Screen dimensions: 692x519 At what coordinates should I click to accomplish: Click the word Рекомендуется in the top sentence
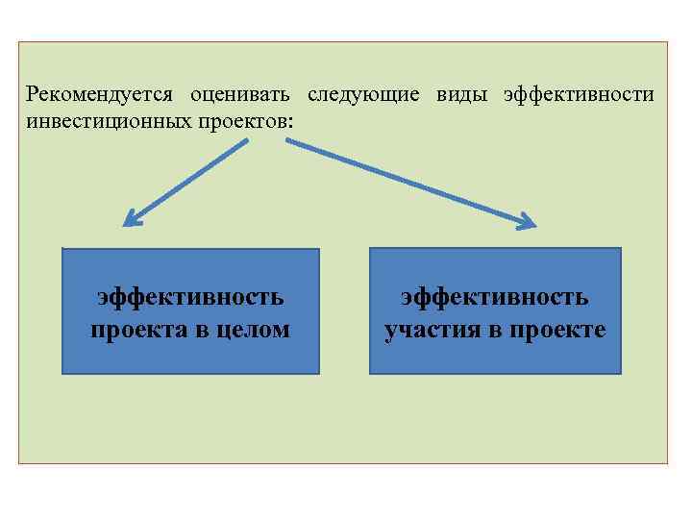pos(99,94)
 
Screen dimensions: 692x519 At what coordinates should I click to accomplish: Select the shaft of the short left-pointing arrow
pos(192,179)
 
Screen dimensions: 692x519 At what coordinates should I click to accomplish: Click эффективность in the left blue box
pos(190,297)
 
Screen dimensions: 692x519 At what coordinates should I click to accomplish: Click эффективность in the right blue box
pos(495,297)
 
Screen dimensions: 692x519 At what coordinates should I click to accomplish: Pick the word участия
pos(432,330)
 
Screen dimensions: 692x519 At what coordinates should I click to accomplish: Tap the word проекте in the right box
pos(562,330)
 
